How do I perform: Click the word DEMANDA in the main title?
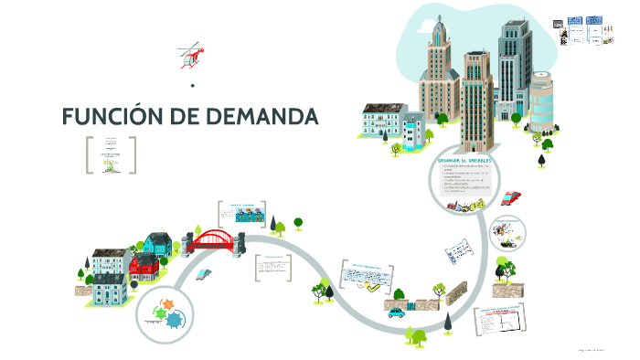[x=261, y=118]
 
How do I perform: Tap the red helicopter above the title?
[x=191, y=56]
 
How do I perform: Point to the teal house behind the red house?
[x=156, y=244]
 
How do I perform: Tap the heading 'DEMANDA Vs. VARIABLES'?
[x=465, y=160]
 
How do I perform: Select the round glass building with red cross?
[x=541, y=101]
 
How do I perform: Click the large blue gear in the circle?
[x=175, y=319]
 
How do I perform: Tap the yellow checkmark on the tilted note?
[x=368, y=286]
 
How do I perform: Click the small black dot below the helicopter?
[x=193, y=86]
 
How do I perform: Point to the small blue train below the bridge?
[x=203, y=273]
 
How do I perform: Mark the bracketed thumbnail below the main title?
[x=111, y=154]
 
